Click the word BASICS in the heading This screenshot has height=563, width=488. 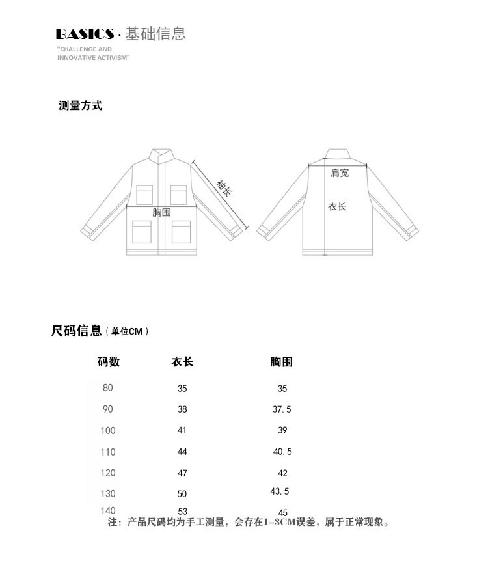coord(85,34)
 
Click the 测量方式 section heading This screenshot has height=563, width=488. coord(80,106)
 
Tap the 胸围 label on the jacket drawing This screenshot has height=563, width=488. coord(161,213)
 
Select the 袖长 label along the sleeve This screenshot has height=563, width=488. coord(223,189)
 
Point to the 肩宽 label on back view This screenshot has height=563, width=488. coord(340,172)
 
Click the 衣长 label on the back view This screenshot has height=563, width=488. coord(337,206)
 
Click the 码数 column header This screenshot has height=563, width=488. coord(109,362)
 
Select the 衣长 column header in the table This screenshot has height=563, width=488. coord(182,362)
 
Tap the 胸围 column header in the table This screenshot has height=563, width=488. coord(282,362)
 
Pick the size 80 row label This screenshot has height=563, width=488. coord(108,388)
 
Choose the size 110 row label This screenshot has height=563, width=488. coord(108,452)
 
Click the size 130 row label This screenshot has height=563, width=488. coord(108,494)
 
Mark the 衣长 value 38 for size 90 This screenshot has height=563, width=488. coord(182,409)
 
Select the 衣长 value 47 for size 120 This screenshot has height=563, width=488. coord(182,473)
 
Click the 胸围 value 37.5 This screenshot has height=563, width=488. coord(282,409)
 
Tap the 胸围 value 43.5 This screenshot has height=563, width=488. coord(280,491)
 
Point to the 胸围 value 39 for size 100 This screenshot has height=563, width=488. coord(282,430)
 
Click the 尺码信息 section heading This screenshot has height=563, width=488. coord(77,331)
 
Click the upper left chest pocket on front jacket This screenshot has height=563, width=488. coord(144,195)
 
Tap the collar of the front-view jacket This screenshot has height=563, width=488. coord(161,156)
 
